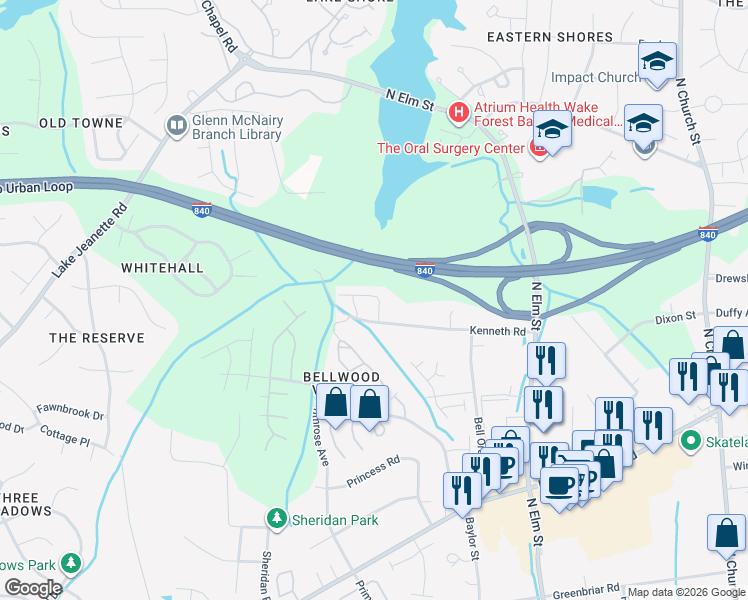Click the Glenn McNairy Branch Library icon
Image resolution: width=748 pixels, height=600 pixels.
pos(177,125)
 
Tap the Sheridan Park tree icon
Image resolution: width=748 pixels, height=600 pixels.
pos(276,519)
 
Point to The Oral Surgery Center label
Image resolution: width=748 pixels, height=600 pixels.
pos(450,149)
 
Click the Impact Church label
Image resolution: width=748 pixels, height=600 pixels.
pos(596,77)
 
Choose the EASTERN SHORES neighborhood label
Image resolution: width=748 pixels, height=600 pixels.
pos(549,37)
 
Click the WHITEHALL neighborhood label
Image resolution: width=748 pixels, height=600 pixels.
pos(162,268)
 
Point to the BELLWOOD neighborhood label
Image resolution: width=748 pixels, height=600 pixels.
pos(341,377)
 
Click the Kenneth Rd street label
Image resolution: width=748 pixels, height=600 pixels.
pos(497,331)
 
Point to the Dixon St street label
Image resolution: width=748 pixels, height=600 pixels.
pos(675,318)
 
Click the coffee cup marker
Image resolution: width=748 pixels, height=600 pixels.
pos(560,485)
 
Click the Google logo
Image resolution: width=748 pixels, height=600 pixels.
pos(32,588)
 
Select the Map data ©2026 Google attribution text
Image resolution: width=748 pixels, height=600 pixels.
pos(685,592)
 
